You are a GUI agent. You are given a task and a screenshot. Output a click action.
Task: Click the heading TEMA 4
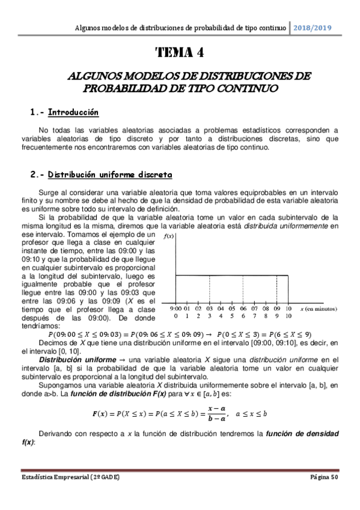(x=180, y=52)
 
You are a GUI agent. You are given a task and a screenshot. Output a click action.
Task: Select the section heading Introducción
(x=73, y=112)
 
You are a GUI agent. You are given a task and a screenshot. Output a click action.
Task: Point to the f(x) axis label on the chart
(x=169, y=236)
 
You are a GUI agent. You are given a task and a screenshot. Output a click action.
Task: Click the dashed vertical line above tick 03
(x=209, y=289)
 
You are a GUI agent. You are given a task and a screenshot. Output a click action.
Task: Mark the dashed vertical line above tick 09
(x=277, y=289)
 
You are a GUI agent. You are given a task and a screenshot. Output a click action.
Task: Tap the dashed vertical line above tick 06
(x=243, y=289)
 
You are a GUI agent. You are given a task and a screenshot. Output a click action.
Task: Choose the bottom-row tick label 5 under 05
(x=232, y=316)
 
